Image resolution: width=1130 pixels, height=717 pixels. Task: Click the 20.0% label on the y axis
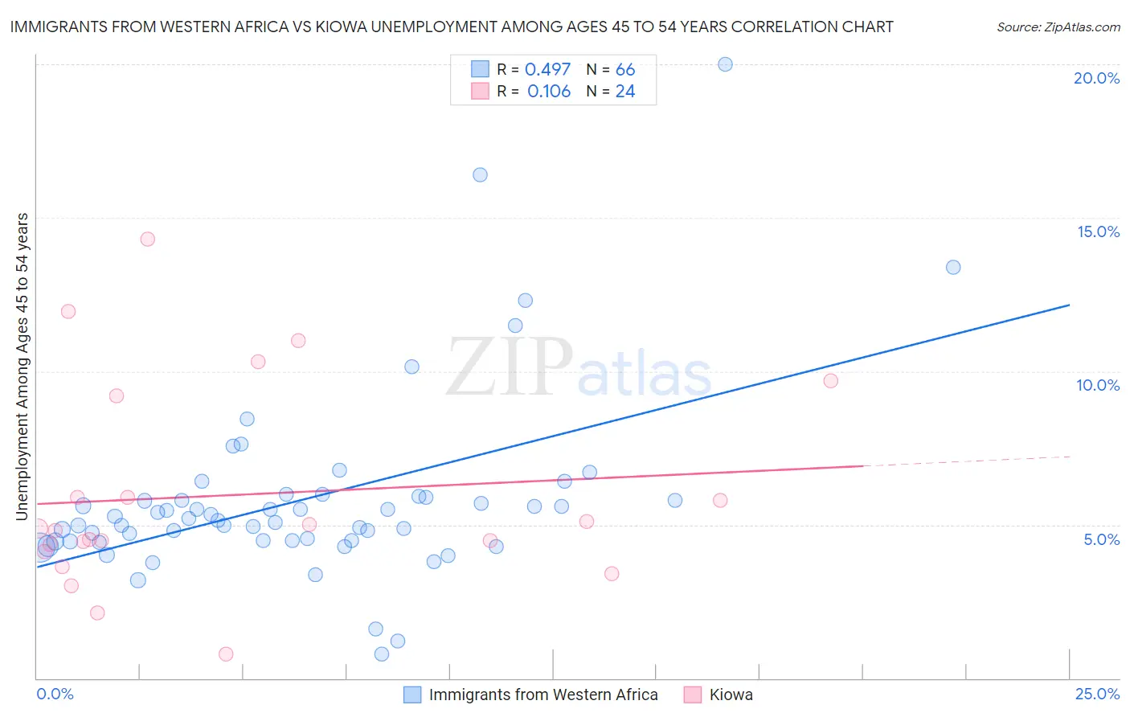click(1096, 78)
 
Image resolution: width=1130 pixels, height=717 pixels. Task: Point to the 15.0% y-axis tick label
click(1098, 231)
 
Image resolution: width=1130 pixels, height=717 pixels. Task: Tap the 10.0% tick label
click(1098, 385)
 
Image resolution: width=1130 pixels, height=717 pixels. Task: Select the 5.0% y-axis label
click(1101, 539)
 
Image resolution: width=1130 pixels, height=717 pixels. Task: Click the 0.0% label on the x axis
click(55, 694)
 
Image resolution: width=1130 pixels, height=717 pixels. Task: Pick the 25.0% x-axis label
click(1097, 694)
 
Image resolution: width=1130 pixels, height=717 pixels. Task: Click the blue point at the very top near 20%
click(725, 64)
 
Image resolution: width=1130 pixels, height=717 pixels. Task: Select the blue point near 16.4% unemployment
click(480, 174)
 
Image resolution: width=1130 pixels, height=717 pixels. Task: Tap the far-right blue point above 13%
click(953, 267)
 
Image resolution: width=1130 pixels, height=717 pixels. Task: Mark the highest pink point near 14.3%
click(147, 239)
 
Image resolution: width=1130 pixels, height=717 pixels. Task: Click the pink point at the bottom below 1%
click(226, 654)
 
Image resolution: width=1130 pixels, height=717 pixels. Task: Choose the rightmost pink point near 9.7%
click(830, 381)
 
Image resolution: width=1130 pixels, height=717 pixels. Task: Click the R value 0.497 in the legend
click(547, 70)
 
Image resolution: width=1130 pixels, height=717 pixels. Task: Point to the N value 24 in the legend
click(625, 92)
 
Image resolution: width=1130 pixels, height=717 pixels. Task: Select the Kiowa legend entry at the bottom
click(731, 694)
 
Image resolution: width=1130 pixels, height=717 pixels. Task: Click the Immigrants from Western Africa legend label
click(542, 694)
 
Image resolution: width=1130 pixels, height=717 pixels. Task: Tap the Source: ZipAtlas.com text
click(1058, 27)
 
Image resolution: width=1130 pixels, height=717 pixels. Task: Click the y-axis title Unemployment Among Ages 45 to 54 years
click(23, 367)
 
